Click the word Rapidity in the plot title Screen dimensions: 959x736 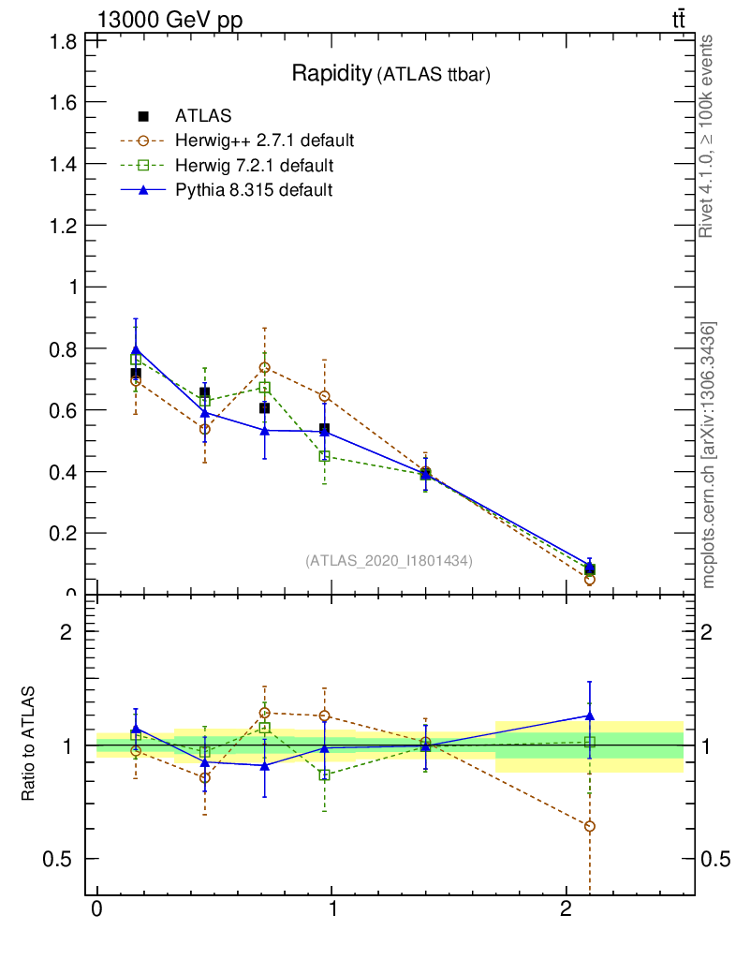point(331,74)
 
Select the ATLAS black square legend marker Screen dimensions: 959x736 point(143,116)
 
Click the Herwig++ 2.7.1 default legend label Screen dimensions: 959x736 point(264,141)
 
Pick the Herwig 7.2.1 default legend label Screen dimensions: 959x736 point(254,166)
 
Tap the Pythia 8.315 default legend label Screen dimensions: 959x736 point(254,190)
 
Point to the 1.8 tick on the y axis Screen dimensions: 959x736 point(64,40)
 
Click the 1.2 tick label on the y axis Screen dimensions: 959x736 point(64,226)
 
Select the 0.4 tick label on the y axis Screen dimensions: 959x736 point(64,472)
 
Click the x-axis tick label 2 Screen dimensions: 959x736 point(566,911)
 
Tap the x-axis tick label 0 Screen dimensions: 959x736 point(96,911)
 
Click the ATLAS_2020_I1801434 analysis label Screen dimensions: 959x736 point(389,560)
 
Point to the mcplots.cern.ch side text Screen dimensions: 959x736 point(710,455)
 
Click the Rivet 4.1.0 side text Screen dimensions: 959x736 point(708,136)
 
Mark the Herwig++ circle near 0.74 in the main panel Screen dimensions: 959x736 point(265,367)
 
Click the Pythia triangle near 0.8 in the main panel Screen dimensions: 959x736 point(136,349)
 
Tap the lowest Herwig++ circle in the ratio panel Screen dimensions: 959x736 point(589,826)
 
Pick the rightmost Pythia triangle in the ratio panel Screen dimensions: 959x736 point(589,716)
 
